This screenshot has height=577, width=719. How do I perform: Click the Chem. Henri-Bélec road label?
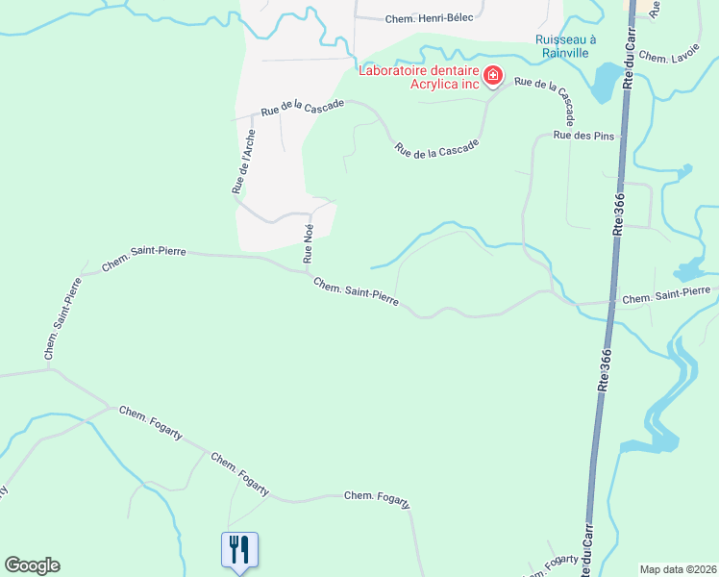click(x=429, y=18)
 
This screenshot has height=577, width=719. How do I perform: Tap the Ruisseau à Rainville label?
click(x=565, y=46)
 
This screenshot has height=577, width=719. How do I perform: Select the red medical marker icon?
click(x=493, y=75)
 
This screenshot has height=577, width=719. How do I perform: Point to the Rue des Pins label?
click(x=583, y=136)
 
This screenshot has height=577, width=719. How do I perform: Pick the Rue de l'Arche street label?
click(x=243, y=162)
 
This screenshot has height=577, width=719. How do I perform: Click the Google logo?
click(x=32, y=565)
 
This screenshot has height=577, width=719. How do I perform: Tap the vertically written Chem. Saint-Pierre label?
click(x=60, y=320)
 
